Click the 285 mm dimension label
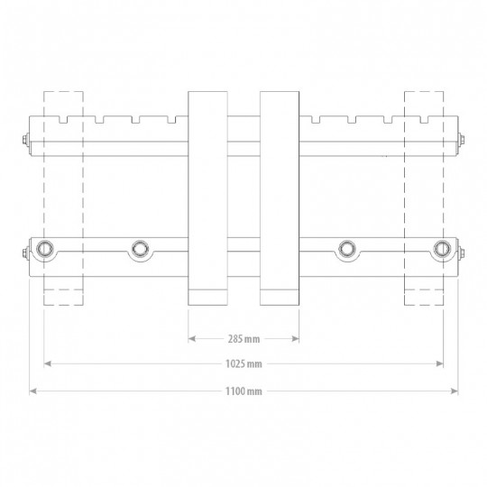(x=243, y=339)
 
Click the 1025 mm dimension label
(x=243, y=363)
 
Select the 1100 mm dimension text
(x=243, y=391)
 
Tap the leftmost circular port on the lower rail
(x=45, y=249)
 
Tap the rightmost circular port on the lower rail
(x=442, y=249)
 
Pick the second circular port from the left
(x=140, y=249)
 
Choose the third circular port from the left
(x=347, y=249)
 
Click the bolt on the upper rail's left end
(x=26, y=140)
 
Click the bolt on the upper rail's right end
(x=461, y=140)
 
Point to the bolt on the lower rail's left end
(x=26, y=253)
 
